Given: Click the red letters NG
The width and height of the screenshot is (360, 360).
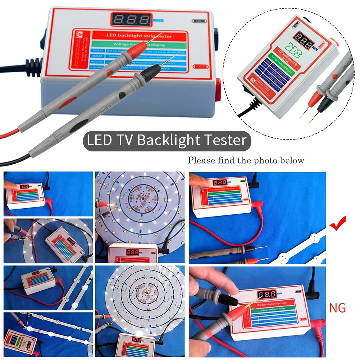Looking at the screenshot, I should pos(337,308).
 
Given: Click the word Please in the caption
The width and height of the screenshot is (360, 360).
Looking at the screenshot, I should pos(201,160).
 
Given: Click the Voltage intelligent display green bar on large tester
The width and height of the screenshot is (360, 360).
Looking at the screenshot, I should pos(138,45).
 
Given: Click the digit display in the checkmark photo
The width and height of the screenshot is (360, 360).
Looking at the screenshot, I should pos(220,182).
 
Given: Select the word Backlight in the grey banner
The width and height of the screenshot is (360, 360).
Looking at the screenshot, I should pos(167,140).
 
